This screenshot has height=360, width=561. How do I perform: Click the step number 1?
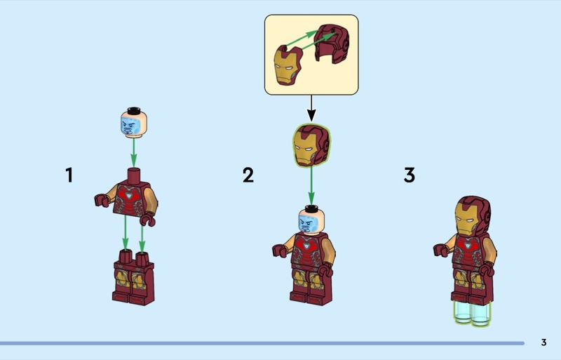point(69,175)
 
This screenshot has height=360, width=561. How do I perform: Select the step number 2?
point(248,175)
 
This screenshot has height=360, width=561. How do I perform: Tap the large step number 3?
point(410,175)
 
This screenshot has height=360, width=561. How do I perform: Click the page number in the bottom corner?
point(543,342)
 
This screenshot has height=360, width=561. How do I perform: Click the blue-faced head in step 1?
point(133,122)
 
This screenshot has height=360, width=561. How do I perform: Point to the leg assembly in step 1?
point(133,277)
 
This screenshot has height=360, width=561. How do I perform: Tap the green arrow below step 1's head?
point(133,152)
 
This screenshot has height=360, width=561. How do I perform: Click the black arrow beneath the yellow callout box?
point(311,108)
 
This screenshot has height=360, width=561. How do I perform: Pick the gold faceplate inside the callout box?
point(288,66)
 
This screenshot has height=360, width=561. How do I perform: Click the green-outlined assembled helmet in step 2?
point(311,145)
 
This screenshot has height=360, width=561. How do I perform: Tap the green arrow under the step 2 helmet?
point(311,185)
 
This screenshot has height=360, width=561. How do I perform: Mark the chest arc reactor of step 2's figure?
point(306,246)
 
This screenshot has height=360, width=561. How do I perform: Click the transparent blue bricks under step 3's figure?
point(472,313)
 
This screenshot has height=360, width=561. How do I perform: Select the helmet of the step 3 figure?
point(473,216)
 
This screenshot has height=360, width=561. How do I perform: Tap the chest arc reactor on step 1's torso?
point(128,195)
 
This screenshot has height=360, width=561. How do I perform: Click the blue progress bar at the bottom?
point(262,343)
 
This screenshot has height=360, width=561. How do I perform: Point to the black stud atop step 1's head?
point(134,110)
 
